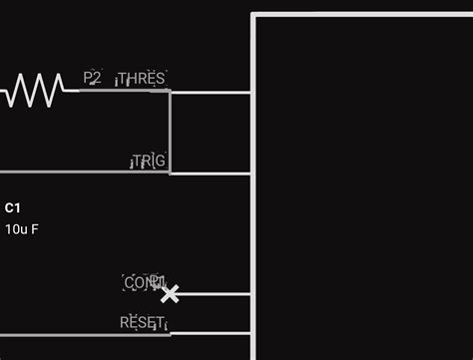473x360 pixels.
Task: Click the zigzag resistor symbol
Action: (x=34, y=91)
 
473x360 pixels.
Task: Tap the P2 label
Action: (x=92, y=78)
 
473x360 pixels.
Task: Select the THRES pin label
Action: (x=141, y=79)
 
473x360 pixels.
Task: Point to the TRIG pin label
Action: (x=149, y=161)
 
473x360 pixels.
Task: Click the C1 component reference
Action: (x=12, y=207)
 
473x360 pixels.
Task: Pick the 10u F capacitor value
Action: (x=22, y=228)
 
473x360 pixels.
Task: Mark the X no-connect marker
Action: (x=171, y=293)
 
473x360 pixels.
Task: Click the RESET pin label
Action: (x=142, y=322)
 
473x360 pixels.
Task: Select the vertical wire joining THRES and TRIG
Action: (x=170, y=132)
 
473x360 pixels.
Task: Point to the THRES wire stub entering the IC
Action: (x=212, y=92)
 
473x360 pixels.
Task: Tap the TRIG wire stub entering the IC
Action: (x=212, y=174)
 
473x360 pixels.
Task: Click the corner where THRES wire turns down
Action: (x=170, y=92)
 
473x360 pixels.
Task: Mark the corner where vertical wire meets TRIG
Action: (x=170, y=173)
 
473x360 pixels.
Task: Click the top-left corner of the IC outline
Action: (x=254, y=16)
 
